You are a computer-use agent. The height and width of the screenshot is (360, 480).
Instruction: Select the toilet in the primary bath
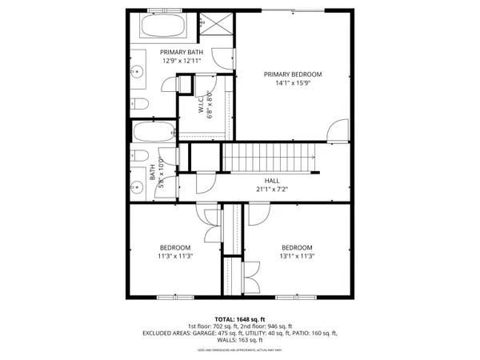pos(140,103)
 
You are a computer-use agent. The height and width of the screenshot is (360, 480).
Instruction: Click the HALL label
pos(272,181)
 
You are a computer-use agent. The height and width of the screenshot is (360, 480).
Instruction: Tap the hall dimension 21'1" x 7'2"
pos(272,190)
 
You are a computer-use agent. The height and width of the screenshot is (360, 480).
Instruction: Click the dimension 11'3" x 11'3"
pos(174,256)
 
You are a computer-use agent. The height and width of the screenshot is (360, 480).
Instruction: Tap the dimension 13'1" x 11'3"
pos(297,256)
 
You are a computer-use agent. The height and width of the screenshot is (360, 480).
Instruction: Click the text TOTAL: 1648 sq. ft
pos(240,318)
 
